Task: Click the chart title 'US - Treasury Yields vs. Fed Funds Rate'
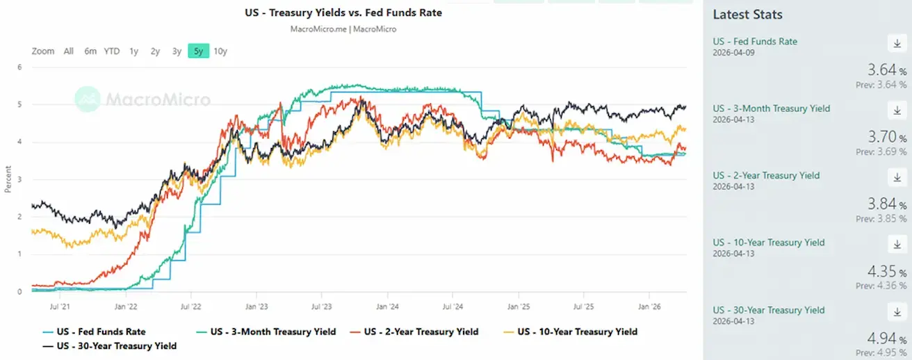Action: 343,13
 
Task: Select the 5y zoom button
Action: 198,51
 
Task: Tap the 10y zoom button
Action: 220,51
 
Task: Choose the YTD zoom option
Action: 112,51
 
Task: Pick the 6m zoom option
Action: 90,51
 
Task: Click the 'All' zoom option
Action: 69,51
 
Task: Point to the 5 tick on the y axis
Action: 19,105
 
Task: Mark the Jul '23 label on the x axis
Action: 321,306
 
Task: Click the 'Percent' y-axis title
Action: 8,179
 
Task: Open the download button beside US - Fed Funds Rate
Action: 897,43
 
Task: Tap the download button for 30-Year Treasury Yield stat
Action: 897,312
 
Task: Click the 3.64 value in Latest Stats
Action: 882,69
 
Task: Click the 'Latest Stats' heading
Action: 747,15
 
